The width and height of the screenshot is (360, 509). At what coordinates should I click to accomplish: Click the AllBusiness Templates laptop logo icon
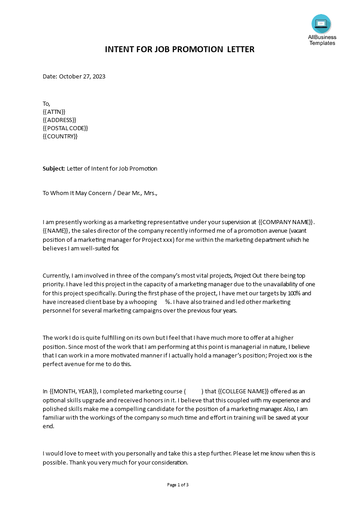click(x=321, y=24)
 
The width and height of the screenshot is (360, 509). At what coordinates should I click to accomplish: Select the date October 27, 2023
click(x=82, y=77)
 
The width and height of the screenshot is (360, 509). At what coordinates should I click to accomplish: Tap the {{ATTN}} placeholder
click(x=54, y=112)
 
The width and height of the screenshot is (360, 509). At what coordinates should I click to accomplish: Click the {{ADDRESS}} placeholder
click(x=59, y=120)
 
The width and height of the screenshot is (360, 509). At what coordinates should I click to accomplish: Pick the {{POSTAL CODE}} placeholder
click(x=65, y=128)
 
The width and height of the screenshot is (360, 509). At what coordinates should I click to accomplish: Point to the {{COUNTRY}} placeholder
click(x=60, y=136)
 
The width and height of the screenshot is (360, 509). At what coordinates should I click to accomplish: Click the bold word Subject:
click(x=54, y=169)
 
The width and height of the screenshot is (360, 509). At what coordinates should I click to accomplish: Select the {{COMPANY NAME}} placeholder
click(x=286, y=222)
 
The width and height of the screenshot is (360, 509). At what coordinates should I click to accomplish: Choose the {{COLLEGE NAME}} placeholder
click(x=244, y=392)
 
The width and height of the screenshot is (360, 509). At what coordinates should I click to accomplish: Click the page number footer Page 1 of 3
click(x=178, y=485)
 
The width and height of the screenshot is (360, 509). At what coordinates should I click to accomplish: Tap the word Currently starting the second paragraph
click(x=56, y=276)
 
